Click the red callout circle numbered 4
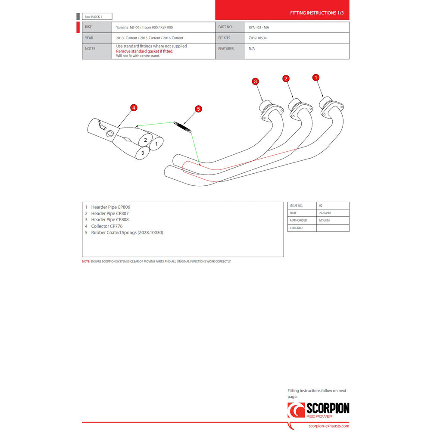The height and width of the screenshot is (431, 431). (134, 107)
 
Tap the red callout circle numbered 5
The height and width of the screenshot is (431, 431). (198, 109)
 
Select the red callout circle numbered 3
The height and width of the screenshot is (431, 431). (255, 81)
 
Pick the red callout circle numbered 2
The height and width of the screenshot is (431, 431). (286, 78)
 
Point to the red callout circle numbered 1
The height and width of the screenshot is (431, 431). (316, 78)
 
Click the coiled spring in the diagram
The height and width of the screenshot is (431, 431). (182, 127)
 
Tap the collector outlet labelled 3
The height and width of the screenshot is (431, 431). (143, 153)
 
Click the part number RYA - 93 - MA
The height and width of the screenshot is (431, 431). (259, 28)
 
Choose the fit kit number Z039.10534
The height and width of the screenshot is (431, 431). (258, 38)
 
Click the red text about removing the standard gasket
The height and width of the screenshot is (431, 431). (144, 51)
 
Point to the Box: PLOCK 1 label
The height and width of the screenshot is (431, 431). (97, 16)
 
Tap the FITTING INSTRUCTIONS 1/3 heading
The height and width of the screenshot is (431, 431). (317, 13)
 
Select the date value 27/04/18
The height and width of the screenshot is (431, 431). (325, 213)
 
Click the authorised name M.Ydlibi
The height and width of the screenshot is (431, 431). (325, 220)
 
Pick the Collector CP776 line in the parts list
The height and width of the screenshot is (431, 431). (103, 226)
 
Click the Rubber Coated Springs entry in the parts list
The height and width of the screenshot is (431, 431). (124, 233)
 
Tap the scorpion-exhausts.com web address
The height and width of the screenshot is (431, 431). (329, 426)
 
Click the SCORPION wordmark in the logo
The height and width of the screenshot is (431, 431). (328, 408)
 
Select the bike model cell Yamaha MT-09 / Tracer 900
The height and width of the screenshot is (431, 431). (144, 27)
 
